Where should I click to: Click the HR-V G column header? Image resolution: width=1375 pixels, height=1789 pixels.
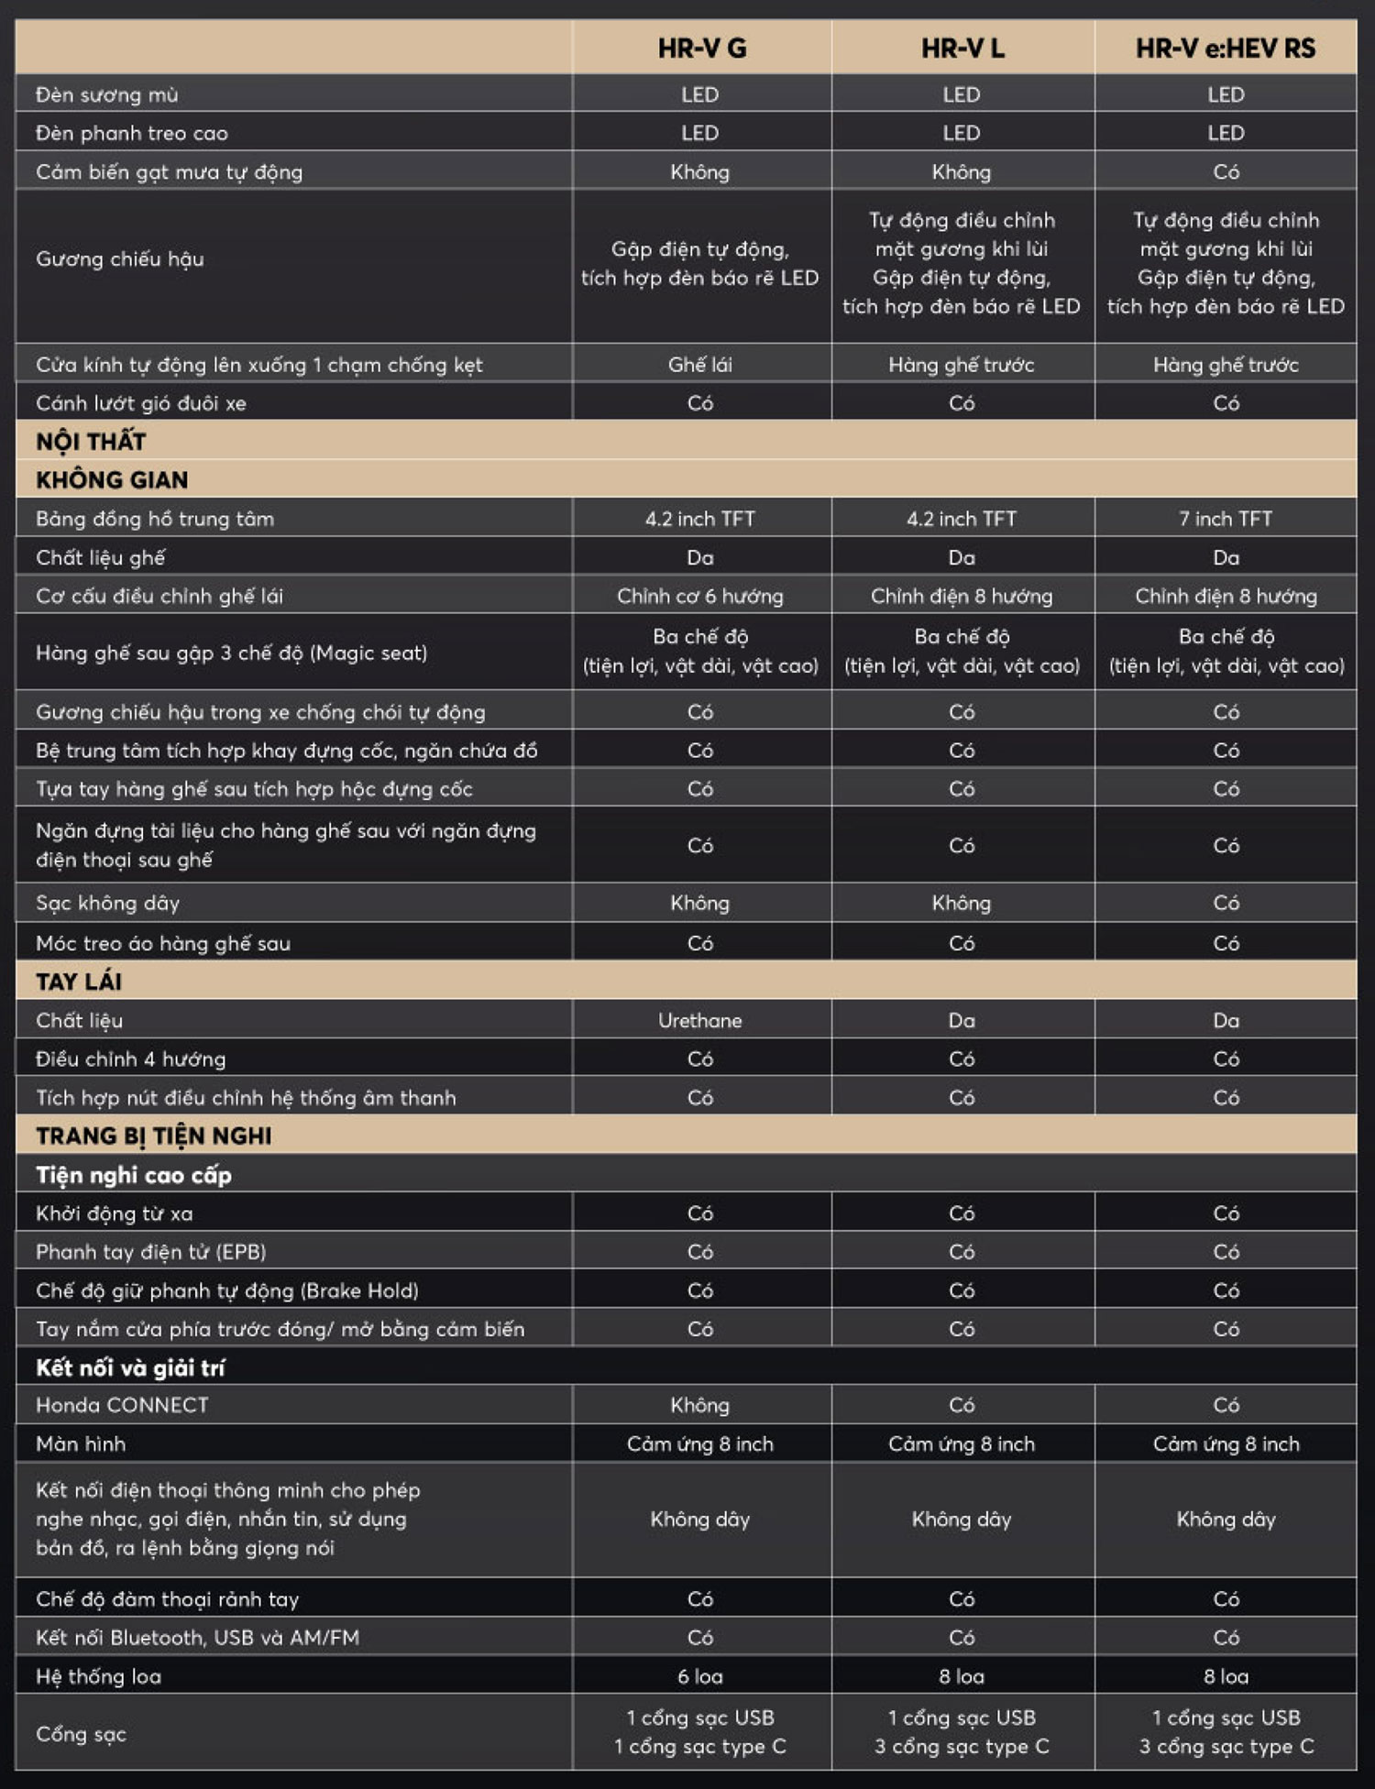coord(701,48)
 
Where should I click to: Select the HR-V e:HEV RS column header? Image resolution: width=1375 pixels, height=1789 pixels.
coord(1226,48)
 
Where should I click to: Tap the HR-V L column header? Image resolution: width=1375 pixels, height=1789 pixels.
coord(962,48)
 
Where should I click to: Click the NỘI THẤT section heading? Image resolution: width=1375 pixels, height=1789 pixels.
coord(91,442)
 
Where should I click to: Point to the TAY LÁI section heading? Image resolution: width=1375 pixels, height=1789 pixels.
coord(79,982)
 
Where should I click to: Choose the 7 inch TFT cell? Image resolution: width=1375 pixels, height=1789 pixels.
coord(1226,519)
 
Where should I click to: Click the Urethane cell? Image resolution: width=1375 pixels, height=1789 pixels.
coord(700,1020)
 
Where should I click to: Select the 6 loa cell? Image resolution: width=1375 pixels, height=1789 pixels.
coord(700,1676)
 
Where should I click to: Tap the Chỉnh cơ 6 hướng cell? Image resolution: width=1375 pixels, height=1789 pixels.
coord(700,596)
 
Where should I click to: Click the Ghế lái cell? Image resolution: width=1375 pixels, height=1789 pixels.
coord(700,365)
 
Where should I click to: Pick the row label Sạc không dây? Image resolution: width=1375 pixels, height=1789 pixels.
coord(108,903)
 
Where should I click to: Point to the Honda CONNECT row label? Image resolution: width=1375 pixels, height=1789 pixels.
coord(122,1405)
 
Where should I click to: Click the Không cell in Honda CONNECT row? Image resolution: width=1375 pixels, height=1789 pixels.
coord(700,1405)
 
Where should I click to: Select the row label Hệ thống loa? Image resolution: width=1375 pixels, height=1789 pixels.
coord(99,1676)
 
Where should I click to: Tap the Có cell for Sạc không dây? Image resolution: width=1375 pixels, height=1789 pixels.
coord(1226,903)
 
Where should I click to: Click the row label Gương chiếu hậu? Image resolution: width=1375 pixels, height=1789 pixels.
coord(120,259)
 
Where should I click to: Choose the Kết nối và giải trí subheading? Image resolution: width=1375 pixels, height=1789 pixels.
coord(130,1367)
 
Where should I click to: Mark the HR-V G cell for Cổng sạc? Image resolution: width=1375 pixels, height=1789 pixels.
coord(700,1731)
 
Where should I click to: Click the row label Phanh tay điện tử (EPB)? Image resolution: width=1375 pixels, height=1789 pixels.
coord(151,1252)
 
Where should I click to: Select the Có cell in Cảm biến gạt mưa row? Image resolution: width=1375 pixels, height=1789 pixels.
coord(1226,171)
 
